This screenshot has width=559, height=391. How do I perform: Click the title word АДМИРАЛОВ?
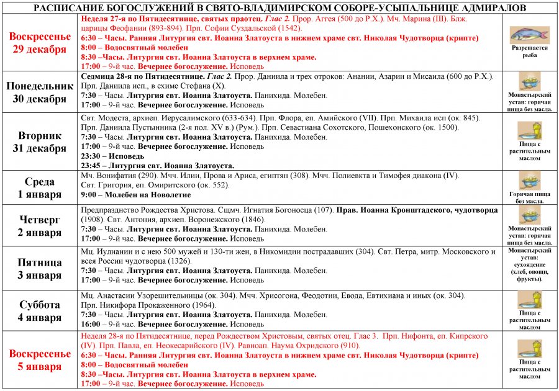[490, 7]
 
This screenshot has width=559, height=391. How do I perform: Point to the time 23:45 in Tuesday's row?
[92, 165]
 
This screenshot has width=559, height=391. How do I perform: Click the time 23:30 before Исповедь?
[92, 156]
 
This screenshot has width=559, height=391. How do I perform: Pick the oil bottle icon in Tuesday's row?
[530, 130]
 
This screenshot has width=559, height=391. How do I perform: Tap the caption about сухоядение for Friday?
[530, 267]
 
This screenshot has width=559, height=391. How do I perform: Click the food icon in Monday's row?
[530, 81]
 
